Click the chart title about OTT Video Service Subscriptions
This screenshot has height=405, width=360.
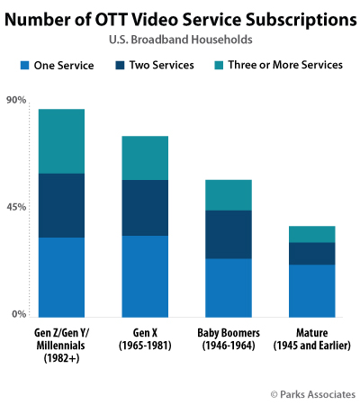coord(180,19)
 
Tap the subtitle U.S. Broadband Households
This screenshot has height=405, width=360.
coord(180,40)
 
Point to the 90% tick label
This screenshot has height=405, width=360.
coord(16,100)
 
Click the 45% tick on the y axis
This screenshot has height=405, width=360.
coord(16,207)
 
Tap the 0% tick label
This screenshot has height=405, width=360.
coord(19,314)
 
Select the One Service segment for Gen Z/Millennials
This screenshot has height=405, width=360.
coord(61,277)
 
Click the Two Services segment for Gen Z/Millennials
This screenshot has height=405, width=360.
coord(61,205)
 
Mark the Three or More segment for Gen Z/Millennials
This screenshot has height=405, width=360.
coord(61,140)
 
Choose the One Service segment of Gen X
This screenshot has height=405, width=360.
coord(145,276)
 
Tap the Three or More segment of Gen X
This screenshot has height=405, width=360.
coord(145,157)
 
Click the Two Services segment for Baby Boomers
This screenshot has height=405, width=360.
coord(229,234)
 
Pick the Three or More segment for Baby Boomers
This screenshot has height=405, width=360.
coord(229,194)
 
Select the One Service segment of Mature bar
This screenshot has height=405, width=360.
coord(311,291)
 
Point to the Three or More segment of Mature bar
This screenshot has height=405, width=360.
coord(311,234)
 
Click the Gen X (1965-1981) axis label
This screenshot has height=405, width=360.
coord(145,339)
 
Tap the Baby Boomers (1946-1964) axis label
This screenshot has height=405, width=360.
coord(229,339)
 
